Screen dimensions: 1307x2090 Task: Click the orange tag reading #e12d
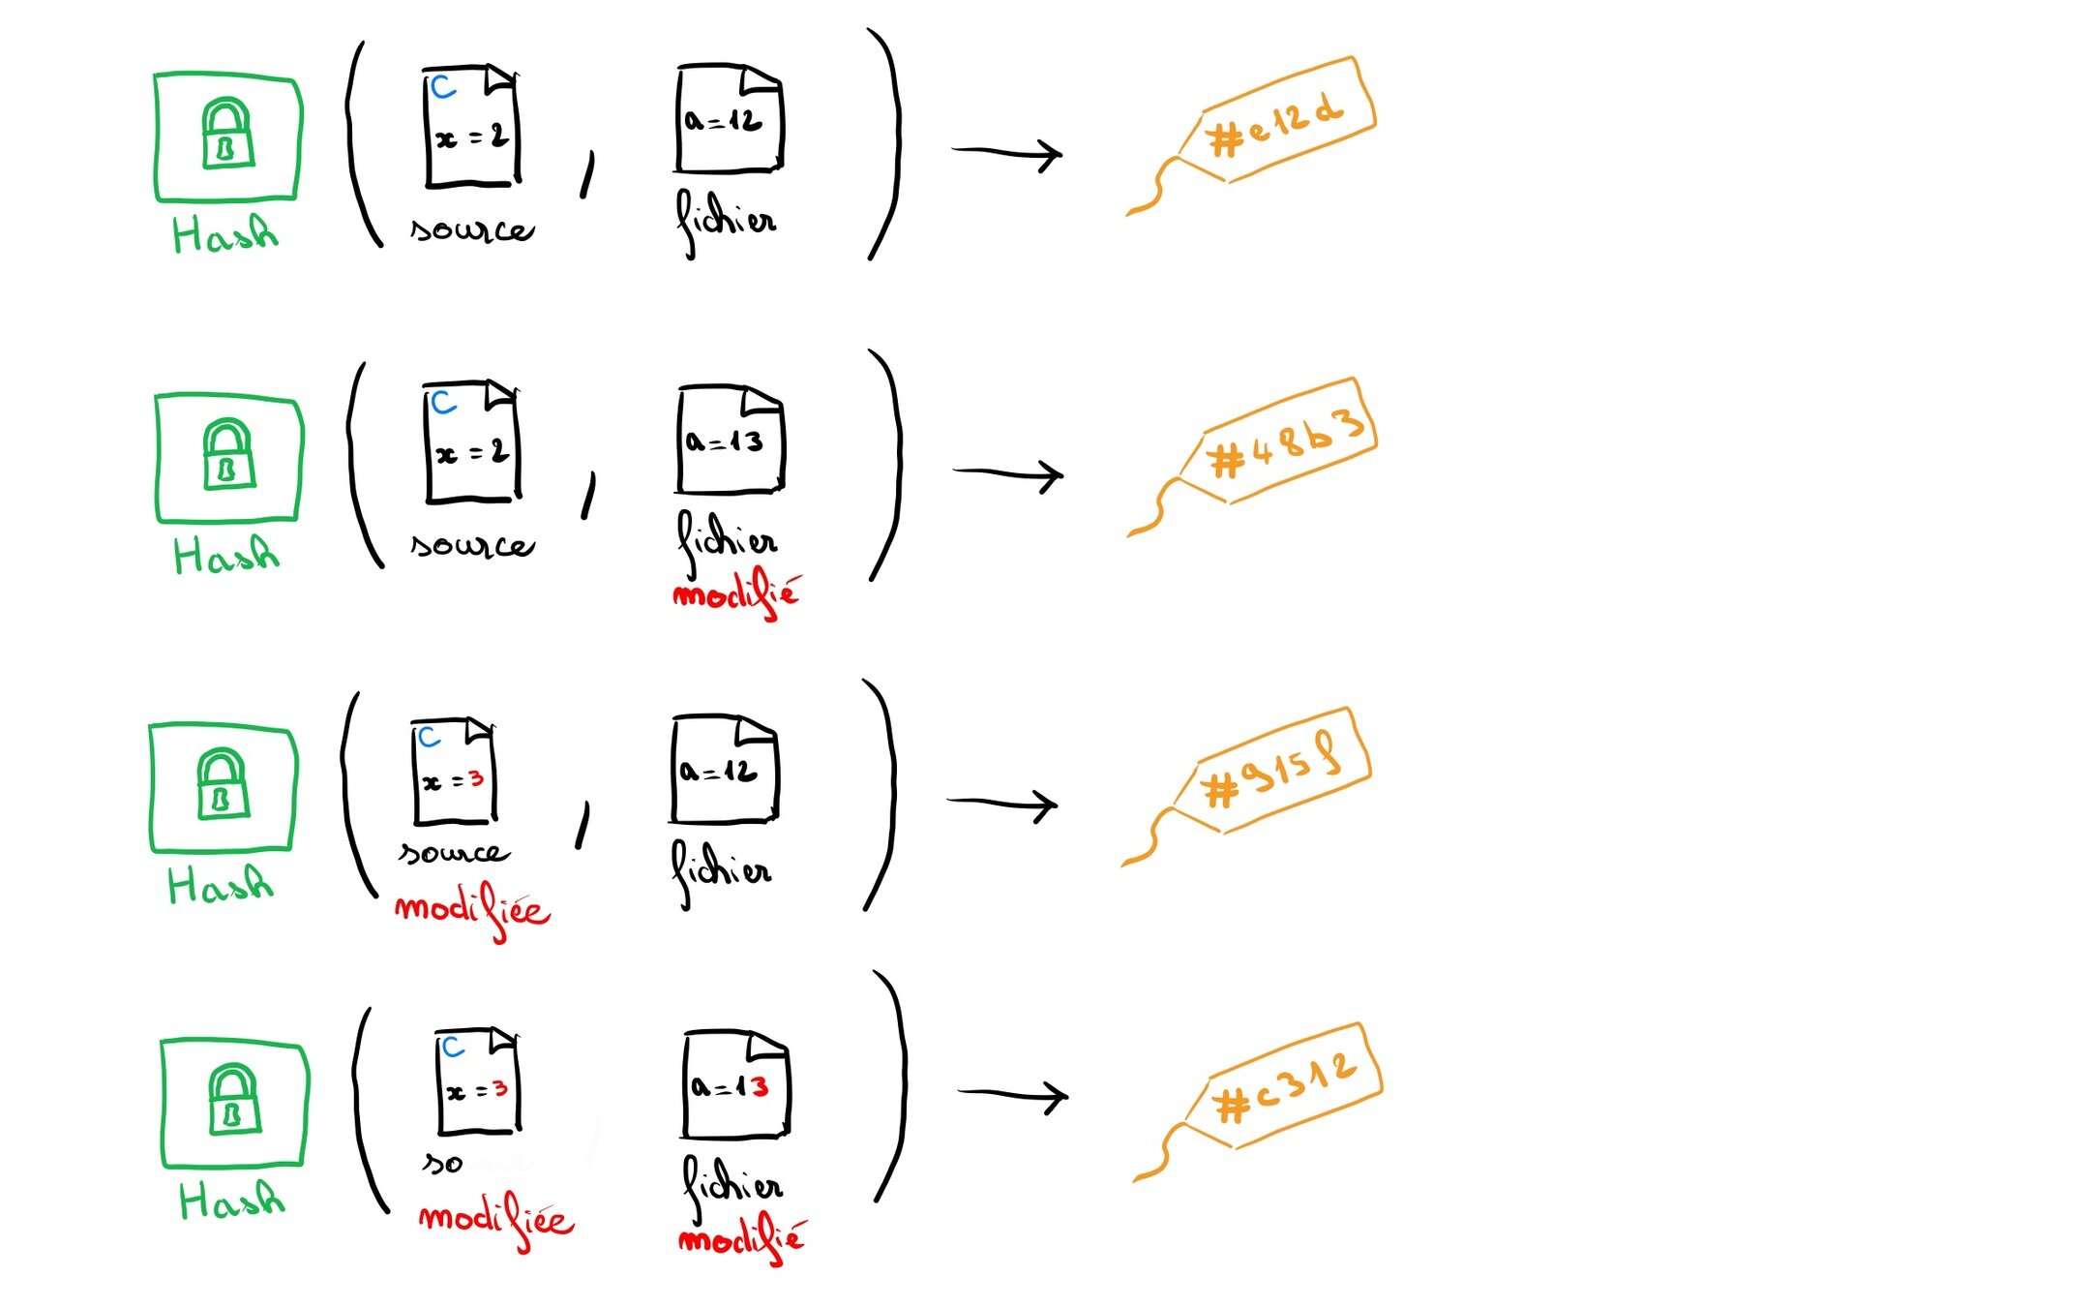pyautogui.click(x=1277, y=121)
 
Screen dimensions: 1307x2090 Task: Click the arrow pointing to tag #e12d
pyautogui.click(x=1006, y=153)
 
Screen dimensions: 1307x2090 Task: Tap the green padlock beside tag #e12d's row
pyautogui.click(x=227, y=134)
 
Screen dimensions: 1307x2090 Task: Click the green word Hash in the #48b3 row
pyautogui.click(x=226, y=555)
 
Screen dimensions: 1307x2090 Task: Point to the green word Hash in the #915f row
pyautogui.click(x=221, y=884)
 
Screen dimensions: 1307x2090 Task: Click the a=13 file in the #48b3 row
pyautogui.click(x=730, y=441)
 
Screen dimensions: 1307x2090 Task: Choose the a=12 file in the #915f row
pyautogui.click(x=724, y=770)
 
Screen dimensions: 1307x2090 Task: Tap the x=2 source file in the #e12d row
pyautogui.click(x=471, y=126)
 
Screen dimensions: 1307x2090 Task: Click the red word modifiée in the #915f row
pyautogui.click(x=472, y=910)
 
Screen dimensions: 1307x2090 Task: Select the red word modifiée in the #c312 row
pyautogui.click(x=496, y=1221)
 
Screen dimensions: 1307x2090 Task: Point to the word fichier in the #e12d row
pyautogui.click(x=726, y=221)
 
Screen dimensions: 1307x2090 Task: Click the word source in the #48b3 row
pyautogui.click(x=472, y=545)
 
